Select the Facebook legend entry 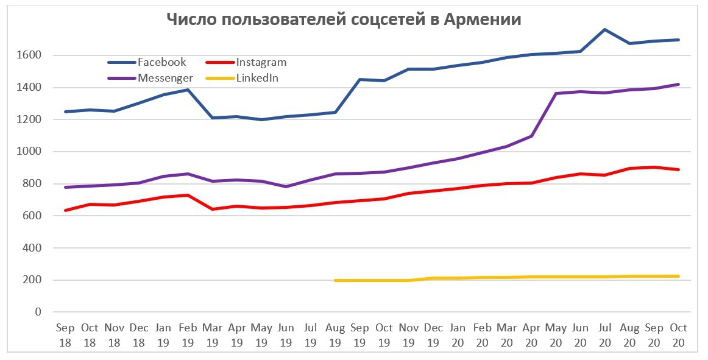(x=161, y=62)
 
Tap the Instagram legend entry (x=261, y=62)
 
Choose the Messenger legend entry (x=165, y=78)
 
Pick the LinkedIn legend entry (x=257, y=78)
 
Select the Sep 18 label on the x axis (x=65, y=335)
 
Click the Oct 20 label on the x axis (x=679, y=335)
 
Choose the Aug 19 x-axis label (x=335, y=335)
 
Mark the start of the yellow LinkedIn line (x=335, y=280)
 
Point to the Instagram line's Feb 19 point (x=187, y=195)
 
